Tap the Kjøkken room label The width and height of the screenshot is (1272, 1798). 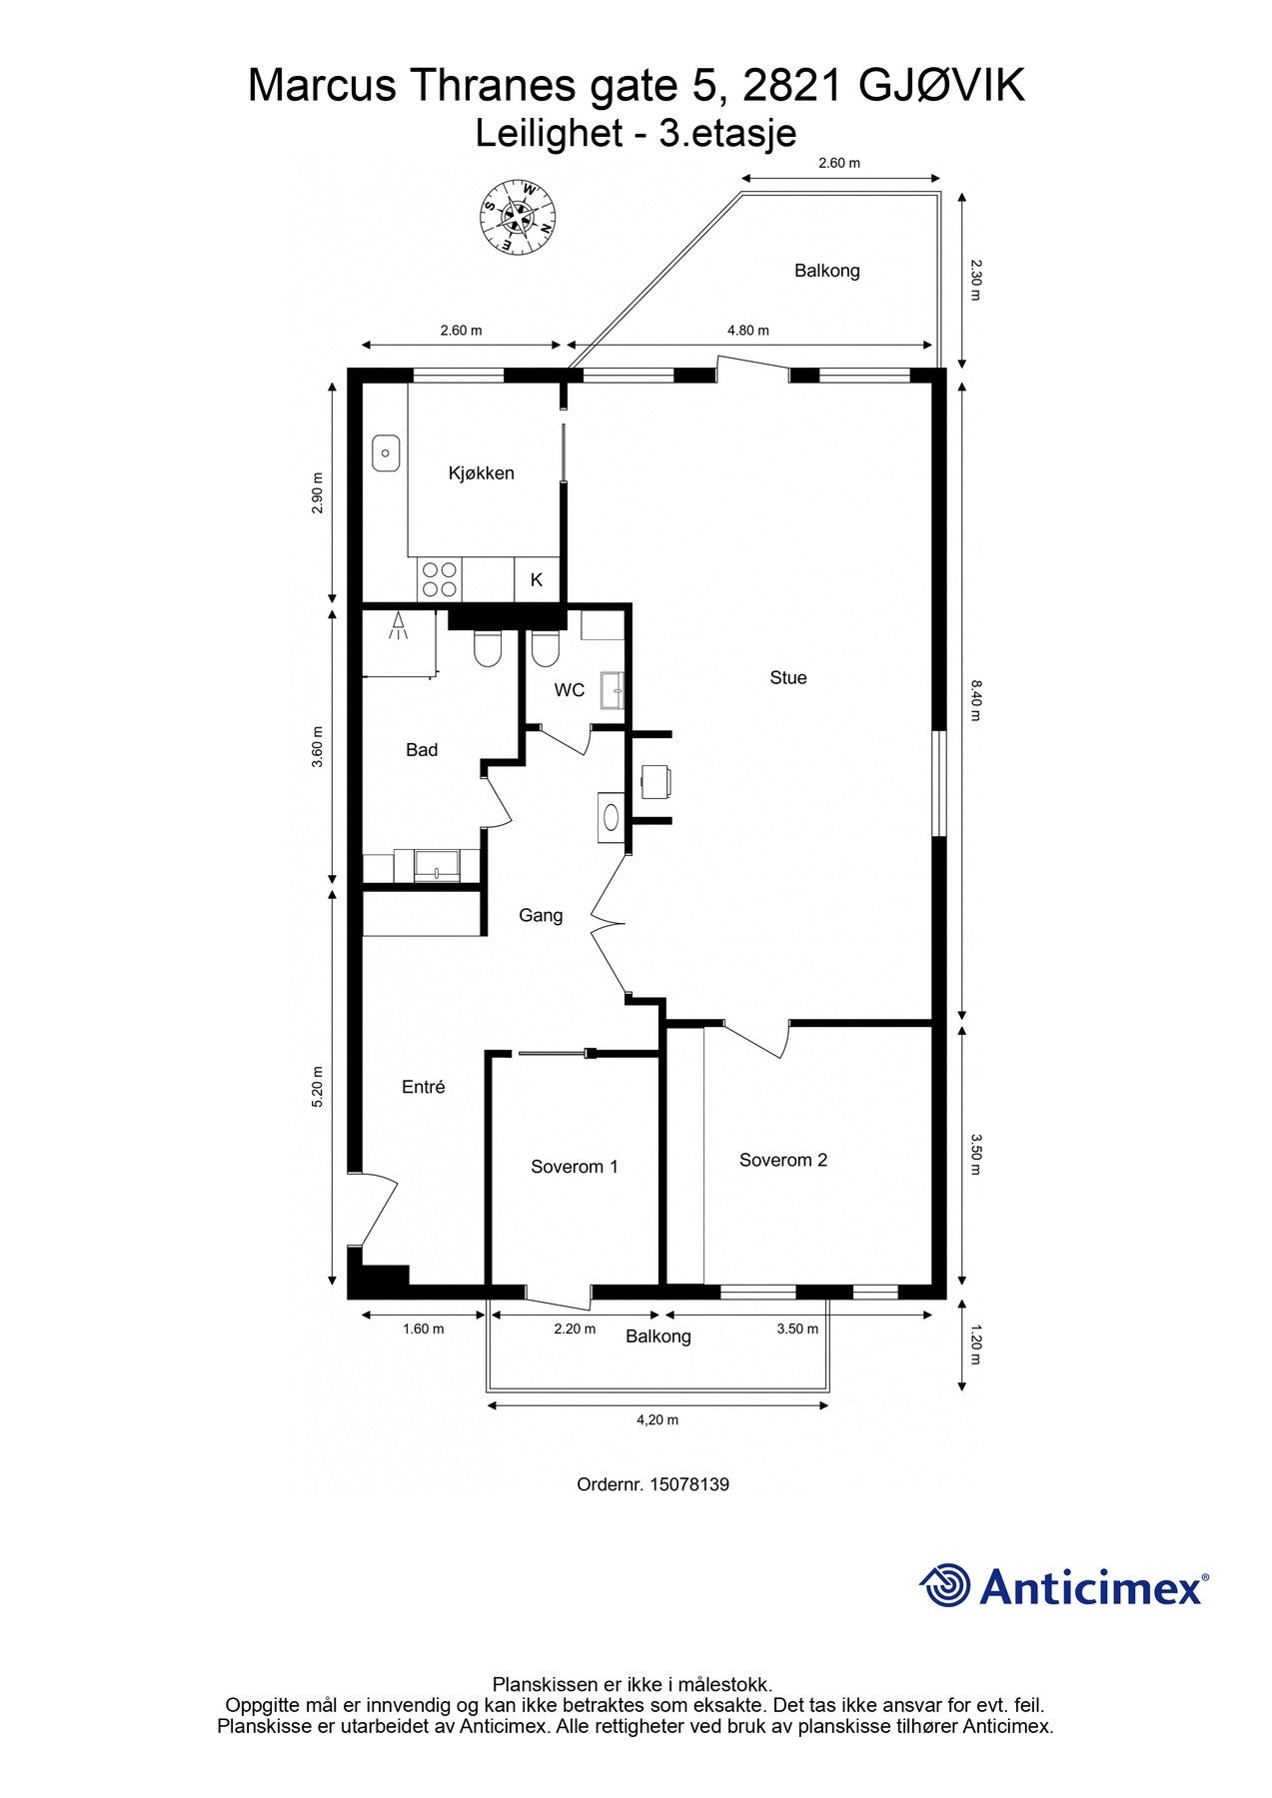click(481, 472)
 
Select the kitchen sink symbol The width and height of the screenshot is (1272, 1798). click(386, 453)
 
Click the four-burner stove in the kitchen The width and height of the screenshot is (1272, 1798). click(440, 579)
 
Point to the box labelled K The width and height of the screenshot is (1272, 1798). click(537, 579)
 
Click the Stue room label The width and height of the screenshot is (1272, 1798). click(787, 677)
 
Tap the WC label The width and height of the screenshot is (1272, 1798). click(570, 690)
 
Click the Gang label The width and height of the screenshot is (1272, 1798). click(541, 915)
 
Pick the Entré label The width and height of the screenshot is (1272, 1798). click(423, 1087)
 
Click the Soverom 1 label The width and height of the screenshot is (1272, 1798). click(574, 1166)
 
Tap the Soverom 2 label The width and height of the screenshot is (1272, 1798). click(782, 1160)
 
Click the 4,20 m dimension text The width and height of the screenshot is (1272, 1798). click(657, 1419)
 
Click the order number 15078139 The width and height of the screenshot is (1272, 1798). click(688, 1484)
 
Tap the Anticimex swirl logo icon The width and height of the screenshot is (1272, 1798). click(944, 1585)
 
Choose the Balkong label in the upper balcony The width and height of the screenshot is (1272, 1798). click(826, 271)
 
